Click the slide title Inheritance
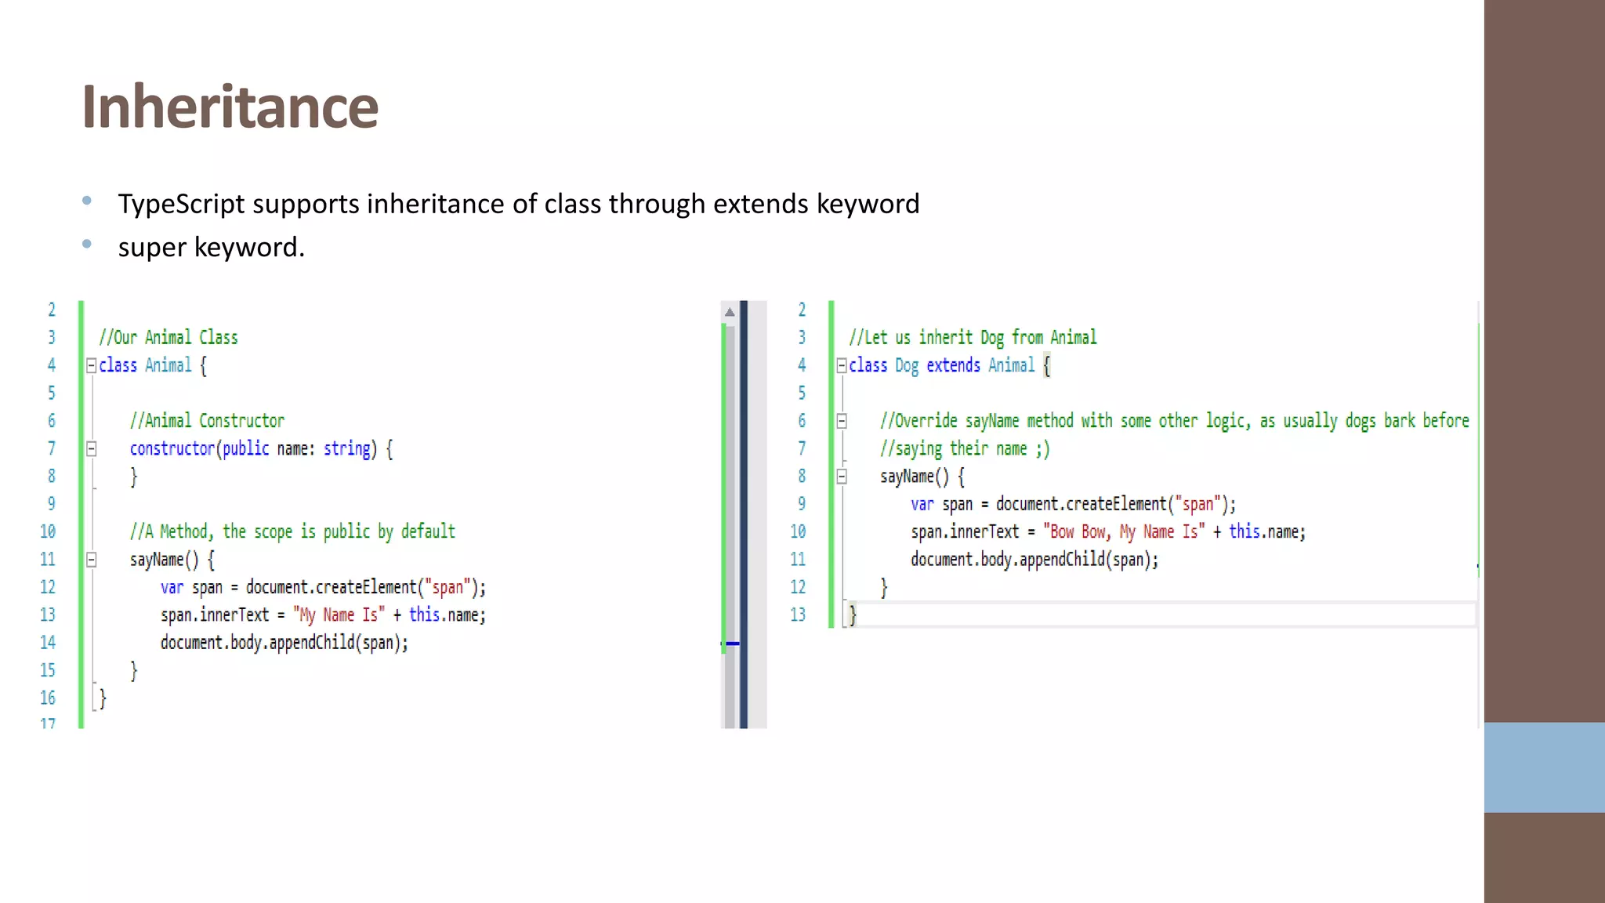point(230,107)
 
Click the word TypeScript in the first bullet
point(181,204)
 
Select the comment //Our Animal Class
point(168,338)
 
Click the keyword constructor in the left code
point(172,448)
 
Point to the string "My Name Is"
point(339,615)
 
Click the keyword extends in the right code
point(953,365)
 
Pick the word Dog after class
point(906,365)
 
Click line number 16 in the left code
point(48,698)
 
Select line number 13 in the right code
point(798,615)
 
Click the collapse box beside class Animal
point(91,365)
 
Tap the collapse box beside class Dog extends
point(842,365)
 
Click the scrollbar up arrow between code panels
point(730,312)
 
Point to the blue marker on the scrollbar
point(733,644)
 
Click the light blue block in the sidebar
point(1544,767)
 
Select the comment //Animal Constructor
point(207,421)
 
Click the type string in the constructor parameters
point(346,448)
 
